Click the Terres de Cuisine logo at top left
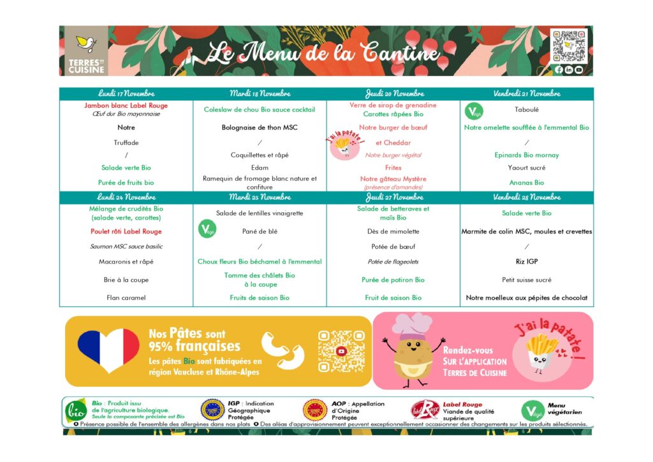86,51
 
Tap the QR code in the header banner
568,45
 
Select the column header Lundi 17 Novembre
126,94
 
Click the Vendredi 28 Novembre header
527,197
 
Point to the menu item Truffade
126,143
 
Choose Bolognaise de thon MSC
260,128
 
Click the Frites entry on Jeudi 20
393,168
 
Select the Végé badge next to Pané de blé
207,230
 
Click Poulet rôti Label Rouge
126,232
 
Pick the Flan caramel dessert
126,297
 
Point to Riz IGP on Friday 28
527,262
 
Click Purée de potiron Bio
393,280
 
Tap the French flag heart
108,350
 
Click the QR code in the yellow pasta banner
341,351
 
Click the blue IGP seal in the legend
212,410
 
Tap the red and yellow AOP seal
315,410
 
